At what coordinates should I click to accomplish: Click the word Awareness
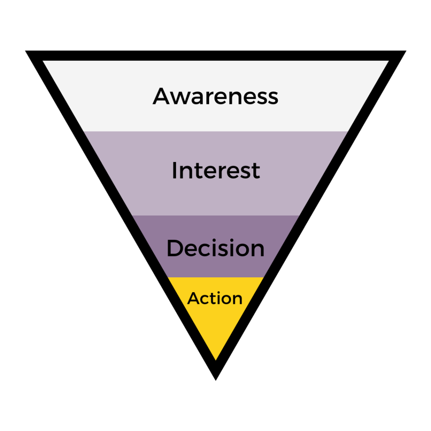(215, 96)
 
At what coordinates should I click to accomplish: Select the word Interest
(215, 170)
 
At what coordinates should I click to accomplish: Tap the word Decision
(215, 248)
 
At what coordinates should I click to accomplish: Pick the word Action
(215, 298)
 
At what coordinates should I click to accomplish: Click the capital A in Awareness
(162, 96)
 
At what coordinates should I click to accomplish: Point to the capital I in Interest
(174, 170)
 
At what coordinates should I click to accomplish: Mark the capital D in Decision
(175, 248)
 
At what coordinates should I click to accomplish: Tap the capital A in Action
(193, 298)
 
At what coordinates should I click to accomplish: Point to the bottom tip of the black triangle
(215, 377)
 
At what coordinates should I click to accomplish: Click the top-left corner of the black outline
(29, 53)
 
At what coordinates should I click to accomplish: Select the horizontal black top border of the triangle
(215, 56)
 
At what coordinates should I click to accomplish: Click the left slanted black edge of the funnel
(122, 210)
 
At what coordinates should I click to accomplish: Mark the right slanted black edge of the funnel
(309, 210)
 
